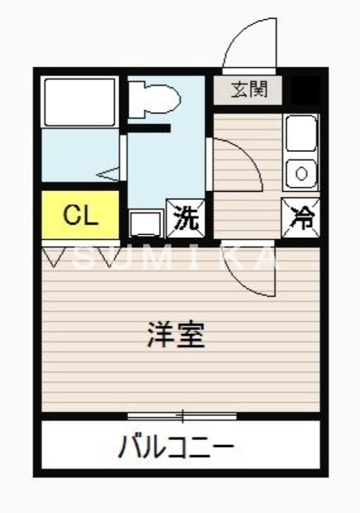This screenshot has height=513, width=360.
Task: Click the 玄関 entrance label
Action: (248, 90)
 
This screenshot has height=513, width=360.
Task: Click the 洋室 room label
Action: (176, 334)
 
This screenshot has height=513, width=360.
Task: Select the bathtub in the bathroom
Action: (80, 101)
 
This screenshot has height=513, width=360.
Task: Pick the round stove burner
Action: (301, 172)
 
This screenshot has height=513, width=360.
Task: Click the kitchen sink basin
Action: (301, 133)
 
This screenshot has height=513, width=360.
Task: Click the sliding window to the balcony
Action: (182, 417)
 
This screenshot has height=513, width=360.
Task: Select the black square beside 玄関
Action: (304, 90)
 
